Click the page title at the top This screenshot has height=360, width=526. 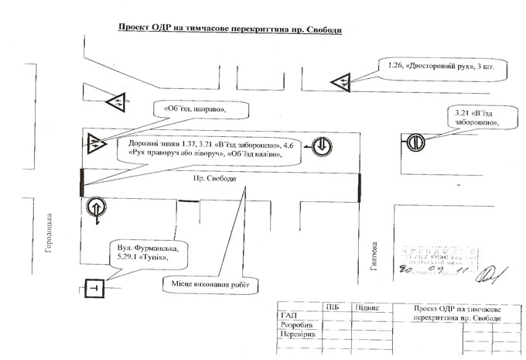[229, 29]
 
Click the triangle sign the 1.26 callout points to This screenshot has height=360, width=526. [341, 81]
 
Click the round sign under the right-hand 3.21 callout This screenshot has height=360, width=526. [415, 142]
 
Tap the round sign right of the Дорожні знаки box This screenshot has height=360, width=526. [321, 145]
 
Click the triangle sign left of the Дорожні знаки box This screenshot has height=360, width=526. [96, 142]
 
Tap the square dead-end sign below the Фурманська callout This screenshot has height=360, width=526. [93, 288]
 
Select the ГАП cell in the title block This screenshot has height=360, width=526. [288, 315]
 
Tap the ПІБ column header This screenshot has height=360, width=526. [333, 307]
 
